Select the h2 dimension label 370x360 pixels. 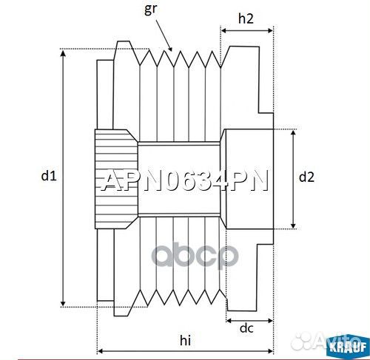[247, 20]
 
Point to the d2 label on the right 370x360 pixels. [306, 177]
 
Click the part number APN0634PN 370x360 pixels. [184, 181]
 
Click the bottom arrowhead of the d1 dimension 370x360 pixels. [63, 304]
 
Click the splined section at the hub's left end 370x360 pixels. [115, 177]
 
